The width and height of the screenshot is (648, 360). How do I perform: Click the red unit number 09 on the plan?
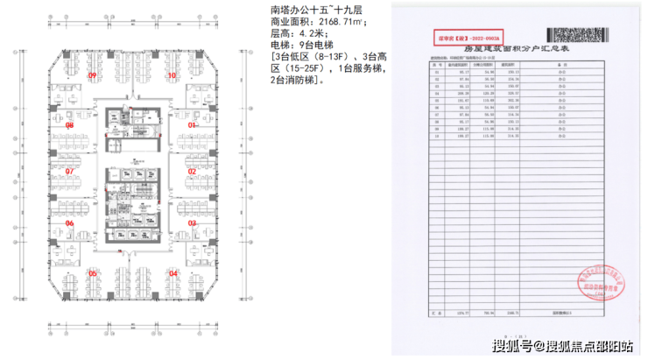point(92,76)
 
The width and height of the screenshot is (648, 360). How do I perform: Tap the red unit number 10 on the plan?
point(173,76)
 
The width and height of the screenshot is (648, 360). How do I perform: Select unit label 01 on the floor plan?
point(189,125)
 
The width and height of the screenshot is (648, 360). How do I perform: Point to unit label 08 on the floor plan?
point(69,125)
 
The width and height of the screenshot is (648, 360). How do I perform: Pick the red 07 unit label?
point(69,172)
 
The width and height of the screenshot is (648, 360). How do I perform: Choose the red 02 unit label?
point(190,172)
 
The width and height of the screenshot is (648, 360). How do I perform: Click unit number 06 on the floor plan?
point(69,223)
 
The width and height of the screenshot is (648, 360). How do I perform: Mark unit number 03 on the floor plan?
point(190,223)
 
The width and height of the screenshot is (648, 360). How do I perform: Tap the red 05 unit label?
point(91,273)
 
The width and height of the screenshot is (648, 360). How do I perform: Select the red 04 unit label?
point(173,273)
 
